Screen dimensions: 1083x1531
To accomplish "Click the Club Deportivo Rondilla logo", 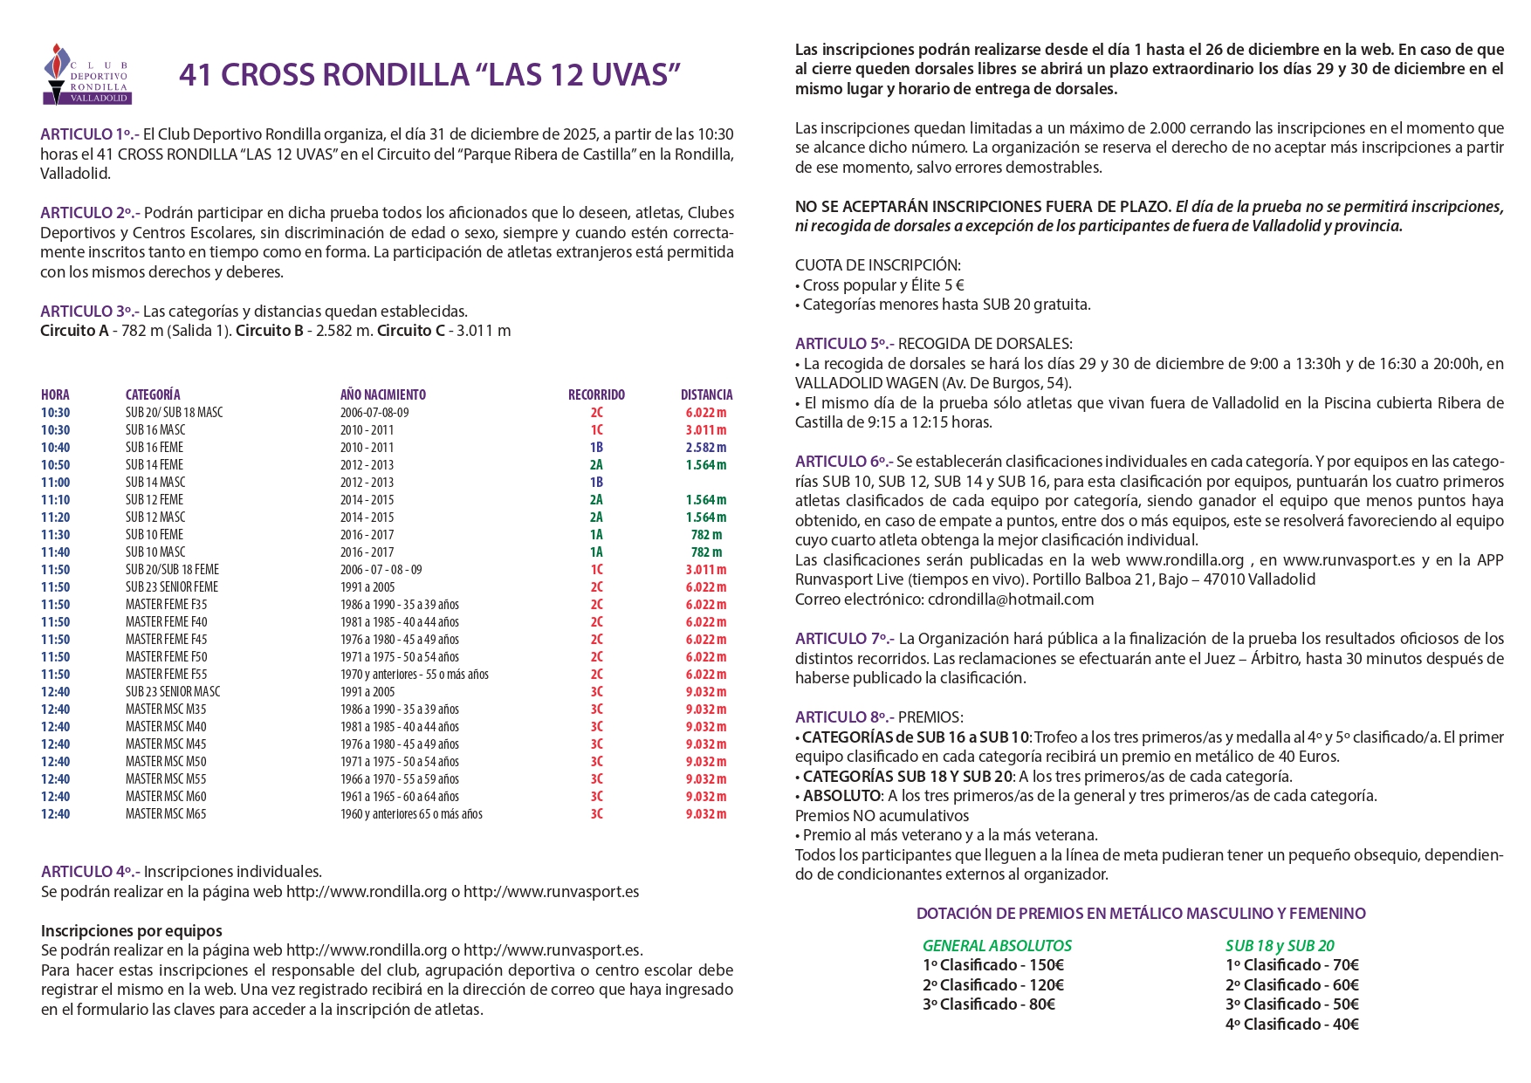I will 86,74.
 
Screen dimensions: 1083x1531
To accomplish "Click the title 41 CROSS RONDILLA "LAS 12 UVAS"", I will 429,75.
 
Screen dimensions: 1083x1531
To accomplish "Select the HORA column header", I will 55,394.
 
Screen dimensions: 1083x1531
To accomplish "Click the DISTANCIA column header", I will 706,394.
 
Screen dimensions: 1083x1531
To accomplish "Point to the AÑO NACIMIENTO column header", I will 382,394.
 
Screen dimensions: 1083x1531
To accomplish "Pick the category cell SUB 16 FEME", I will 154,447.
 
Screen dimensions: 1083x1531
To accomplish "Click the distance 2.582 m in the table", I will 705,447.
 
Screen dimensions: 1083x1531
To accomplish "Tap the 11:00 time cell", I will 55,482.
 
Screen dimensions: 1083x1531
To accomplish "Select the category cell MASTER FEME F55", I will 166,674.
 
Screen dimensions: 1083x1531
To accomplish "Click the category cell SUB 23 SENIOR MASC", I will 173,691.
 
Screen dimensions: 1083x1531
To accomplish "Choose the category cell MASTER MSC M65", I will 166,813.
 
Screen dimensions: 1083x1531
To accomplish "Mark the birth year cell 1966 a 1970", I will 399,778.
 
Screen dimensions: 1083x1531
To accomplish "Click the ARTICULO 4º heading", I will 89,872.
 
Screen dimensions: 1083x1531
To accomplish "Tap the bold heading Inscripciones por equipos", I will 131,930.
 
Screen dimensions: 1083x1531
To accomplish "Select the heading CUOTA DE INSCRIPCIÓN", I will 877,265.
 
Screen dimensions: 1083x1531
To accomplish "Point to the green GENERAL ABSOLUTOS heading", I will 997,945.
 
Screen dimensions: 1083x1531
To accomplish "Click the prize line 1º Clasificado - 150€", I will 992,965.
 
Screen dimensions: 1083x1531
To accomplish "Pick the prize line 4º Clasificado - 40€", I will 1292,1025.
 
